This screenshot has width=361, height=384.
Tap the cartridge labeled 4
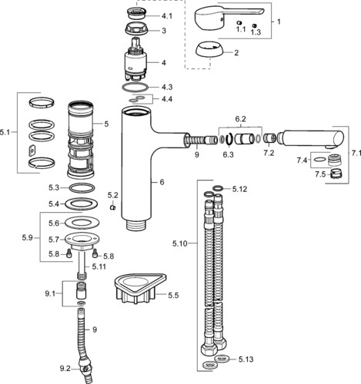coord(135,59)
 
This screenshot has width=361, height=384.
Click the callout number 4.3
coord(167,87)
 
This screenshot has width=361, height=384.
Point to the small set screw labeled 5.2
coord(112,207)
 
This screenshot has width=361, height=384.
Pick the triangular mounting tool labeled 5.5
coord(140,288)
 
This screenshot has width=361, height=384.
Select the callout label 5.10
coord(180,243)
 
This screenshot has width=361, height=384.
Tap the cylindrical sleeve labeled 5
coord(81,140)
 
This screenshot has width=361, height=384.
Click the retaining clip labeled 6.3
coord(229,139)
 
